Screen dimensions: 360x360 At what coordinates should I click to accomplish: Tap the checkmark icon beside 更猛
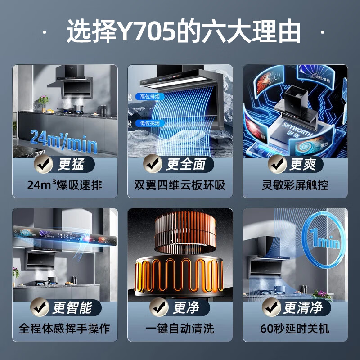pyautogui.click(x=45, y=164)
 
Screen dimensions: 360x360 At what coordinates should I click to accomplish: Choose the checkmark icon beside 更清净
pyautogui.click(x=271, y=308)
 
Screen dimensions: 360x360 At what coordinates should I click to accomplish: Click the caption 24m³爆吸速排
pyautogui.click(x=64, y=185)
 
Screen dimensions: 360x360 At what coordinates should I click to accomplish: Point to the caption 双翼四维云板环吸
pyautogui.click(x=180, y=185)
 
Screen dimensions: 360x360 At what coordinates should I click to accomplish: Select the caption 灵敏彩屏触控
pyautogui.click(x=295, y=185)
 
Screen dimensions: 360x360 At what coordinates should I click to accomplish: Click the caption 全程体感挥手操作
pyautogui.click(x=64, y=328)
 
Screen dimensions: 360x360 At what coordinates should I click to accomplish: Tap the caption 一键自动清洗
pyautogui.click(x=180, y=328)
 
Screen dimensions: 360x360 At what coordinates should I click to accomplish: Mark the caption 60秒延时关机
pyautogui.click(x=295, y=328)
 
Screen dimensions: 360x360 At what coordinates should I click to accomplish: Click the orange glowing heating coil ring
pyautogui.click(x=180, y=274)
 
